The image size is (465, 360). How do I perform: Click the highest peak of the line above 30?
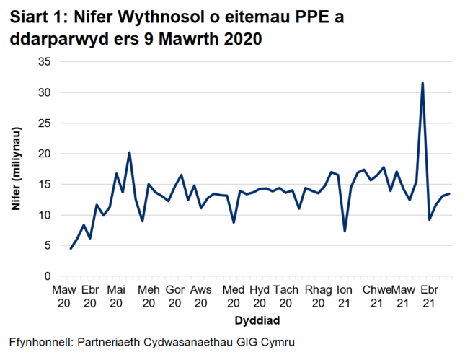(422, 83)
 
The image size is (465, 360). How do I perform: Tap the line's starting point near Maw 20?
(71, 249)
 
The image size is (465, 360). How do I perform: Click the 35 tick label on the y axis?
(45, 62)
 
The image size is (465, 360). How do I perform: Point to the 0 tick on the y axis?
(48, 276)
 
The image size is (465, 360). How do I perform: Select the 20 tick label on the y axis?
(45, 154)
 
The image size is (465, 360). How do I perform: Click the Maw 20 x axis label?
(63, 296)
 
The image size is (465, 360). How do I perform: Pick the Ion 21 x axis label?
(345, 296)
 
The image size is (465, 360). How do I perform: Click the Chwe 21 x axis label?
(376, 296)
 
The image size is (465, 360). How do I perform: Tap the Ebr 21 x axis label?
(429, 296)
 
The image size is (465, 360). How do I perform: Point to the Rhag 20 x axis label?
(317, 296)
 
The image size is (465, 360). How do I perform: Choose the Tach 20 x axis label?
(286, 296)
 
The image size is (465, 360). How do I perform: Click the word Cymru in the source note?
(277, 341)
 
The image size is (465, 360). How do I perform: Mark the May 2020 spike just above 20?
(129, 152)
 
